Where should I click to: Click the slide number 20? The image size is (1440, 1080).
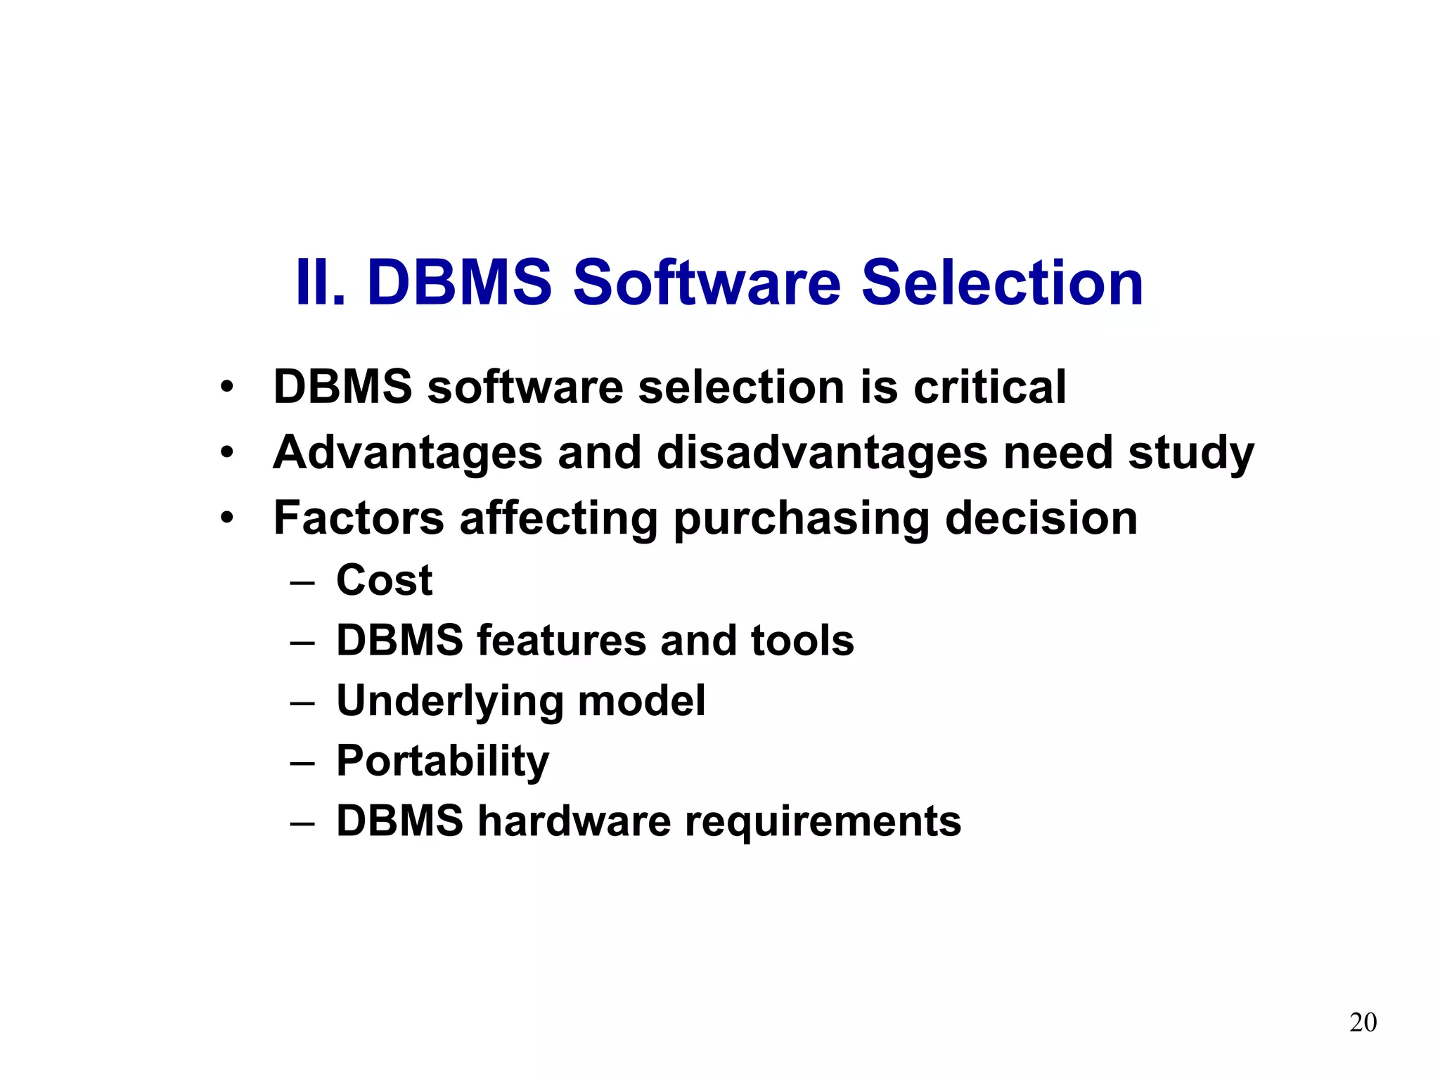[1363, 1022]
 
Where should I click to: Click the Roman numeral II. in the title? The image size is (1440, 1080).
[321, 283]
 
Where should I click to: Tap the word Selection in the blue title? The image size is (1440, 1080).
[1002, 283]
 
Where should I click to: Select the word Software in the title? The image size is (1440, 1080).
[707, 283]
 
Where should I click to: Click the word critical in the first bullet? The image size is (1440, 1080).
[989, 387]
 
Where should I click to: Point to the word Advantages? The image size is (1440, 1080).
[408, 452]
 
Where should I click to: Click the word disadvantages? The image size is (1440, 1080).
[822, 452]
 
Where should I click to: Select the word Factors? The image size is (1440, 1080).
[359, 518]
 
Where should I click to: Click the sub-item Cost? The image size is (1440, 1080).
[384, 581]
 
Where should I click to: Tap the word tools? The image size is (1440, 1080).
[802, 641]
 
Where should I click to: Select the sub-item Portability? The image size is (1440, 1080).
[442, 762]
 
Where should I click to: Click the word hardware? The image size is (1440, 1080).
[574, 821]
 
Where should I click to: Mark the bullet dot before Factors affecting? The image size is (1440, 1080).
[226, 519]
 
